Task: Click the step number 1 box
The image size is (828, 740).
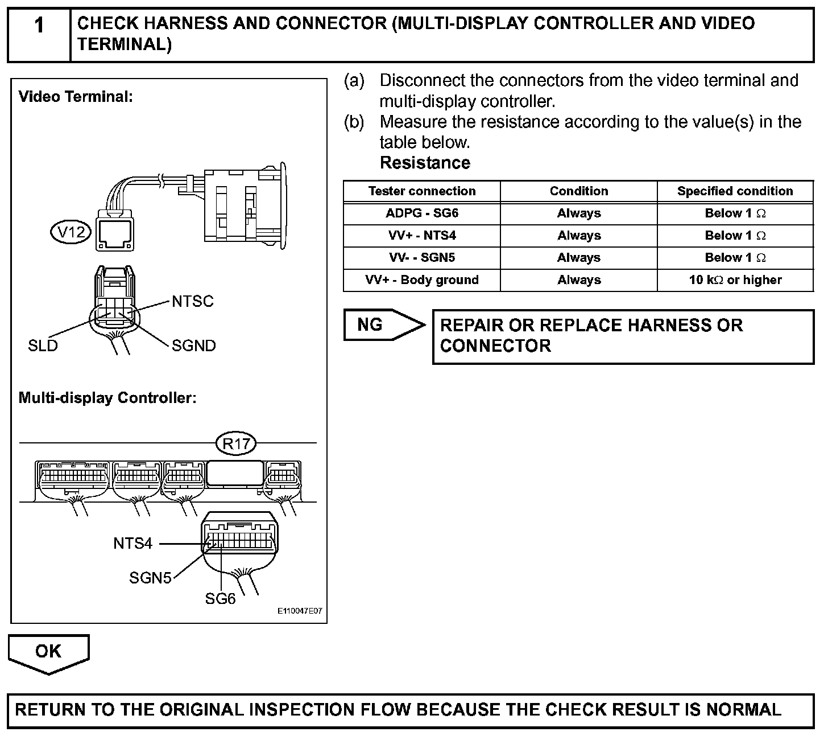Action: click(x=39, y=26)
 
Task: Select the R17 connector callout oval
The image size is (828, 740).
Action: click(x=237, y=443)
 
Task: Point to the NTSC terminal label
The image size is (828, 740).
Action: click(x=192, y=301)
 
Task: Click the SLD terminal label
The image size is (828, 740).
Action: click(x=43, y=346)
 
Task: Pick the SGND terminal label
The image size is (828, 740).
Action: click(x=193, y=346)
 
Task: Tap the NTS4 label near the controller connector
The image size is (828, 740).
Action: click(x=133, y=544)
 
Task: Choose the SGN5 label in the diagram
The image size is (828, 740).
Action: click(x=150, y=578)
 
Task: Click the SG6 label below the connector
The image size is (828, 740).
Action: click(x=220, y=599)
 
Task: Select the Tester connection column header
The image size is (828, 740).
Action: click(x=422, y=191)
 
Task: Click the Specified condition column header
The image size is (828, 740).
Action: click(x=735, y=191)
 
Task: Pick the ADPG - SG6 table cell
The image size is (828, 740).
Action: click(x=422, y=213)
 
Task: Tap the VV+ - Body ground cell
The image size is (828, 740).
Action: click(x=422, y=280)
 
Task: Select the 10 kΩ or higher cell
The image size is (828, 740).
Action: click(x=735, y=280)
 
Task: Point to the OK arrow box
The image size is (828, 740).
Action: click(x=48, y=652)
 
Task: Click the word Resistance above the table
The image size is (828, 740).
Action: click(x=425, y=163)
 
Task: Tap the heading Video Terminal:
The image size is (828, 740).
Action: click(x=76, y=97)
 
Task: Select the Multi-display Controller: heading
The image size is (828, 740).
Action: click(x=107, y=397)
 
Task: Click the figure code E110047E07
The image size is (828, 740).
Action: click(x=300, y=611)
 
